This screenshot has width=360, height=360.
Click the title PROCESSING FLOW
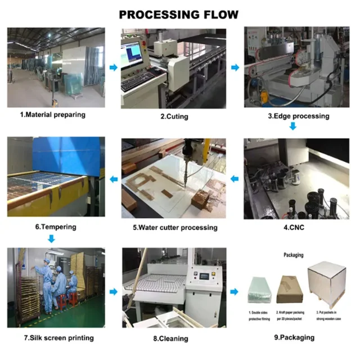179,15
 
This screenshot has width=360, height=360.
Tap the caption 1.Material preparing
53,115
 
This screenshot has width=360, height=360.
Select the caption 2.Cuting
174,116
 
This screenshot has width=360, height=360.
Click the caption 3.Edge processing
298,116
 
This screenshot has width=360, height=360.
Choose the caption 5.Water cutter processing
174,227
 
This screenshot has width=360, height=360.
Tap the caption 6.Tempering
55,227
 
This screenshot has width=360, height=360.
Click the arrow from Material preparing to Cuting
113,68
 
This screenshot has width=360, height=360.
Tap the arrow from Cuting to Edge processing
235,68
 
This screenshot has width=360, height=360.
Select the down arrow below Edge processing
292,127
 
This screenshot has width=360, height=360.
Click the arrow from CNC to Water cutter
235,179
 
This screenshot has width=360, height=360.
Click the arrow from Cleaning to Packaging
236,292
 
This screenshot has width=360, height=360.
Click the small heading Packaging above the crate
292,255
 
